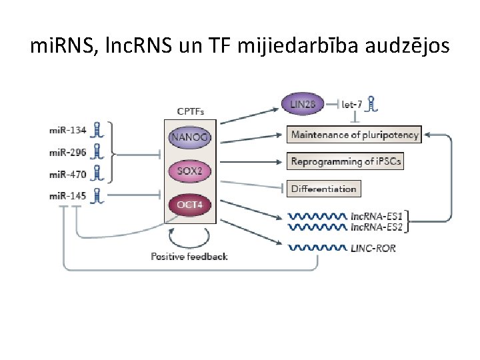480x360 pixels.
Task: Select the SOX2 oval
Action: click(189, 171)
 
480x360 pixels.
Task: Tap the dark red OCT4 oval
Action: click(189, 204)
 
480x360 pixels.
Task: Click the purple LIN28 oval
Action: click(303, 104)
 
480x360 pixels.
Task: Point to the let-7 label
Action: click(351, 104)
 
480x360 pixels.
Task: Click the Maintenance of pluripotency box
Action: click(355, 135)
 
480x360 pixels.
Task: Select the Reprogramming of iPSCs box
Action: click(346, 161)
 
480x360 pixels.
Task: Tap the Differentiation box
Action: click(324, 189)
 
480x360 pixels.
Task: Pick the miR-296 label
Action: click(68, 152)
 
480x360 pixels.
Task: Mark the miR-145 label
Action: click(68, 195)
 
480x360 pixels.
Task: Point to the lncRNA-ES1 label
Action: click(377, 217)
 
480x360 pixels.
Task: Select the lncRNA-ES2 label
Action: click(377, 227)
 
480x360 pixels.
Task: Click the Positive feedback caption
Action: click(189, 257)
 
